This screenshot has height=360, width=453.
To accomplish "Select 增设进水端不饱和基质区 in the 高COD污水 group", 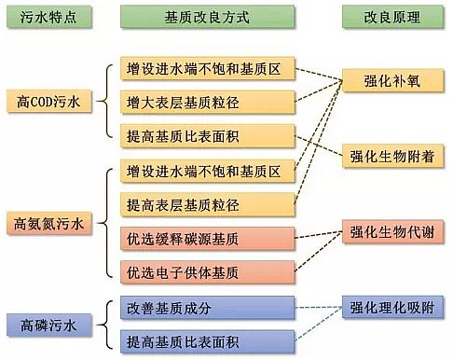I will pyautogui.click(x=208, y=70).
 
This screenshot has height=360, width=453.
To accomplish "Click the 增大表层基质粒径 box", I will pyautogui.click(x=208, y=102).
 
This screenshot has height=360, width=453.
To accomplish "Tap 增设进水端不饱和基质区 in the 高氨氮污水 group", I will pyautogui.click(x=208, y=171).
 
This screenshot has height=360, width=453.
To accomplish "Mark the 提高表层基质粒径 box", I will pyautogui.click(x=208, y=204).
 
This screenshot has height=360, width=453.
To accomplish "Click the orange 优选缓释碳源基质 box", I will pyautogui.click(x=208, y=239).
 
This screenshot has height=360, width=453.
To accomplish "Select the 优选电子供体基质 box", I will pyautogui.click(x=208, y=272).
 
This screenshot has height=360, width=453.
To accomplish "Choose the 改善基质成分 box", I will pyautogui.click(x=208, y=307).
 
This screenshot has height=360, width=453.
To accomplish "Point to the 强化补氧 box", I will pyautogui.click(x=392, y=81).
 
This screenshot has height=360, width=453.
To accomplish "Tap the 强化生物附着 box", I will pyautogui.click(x=392, y=155).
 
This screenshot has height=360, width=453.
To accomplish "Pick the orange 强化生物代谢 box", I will pyautogui.click(x=392, y=230).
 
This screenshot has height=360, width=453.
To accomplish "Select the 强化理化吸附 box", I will pyautogui.click(x=392, y=306).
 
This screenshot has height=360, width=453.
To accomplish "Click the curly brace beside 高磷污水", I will pyautogui.click(x=109, y=323).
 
